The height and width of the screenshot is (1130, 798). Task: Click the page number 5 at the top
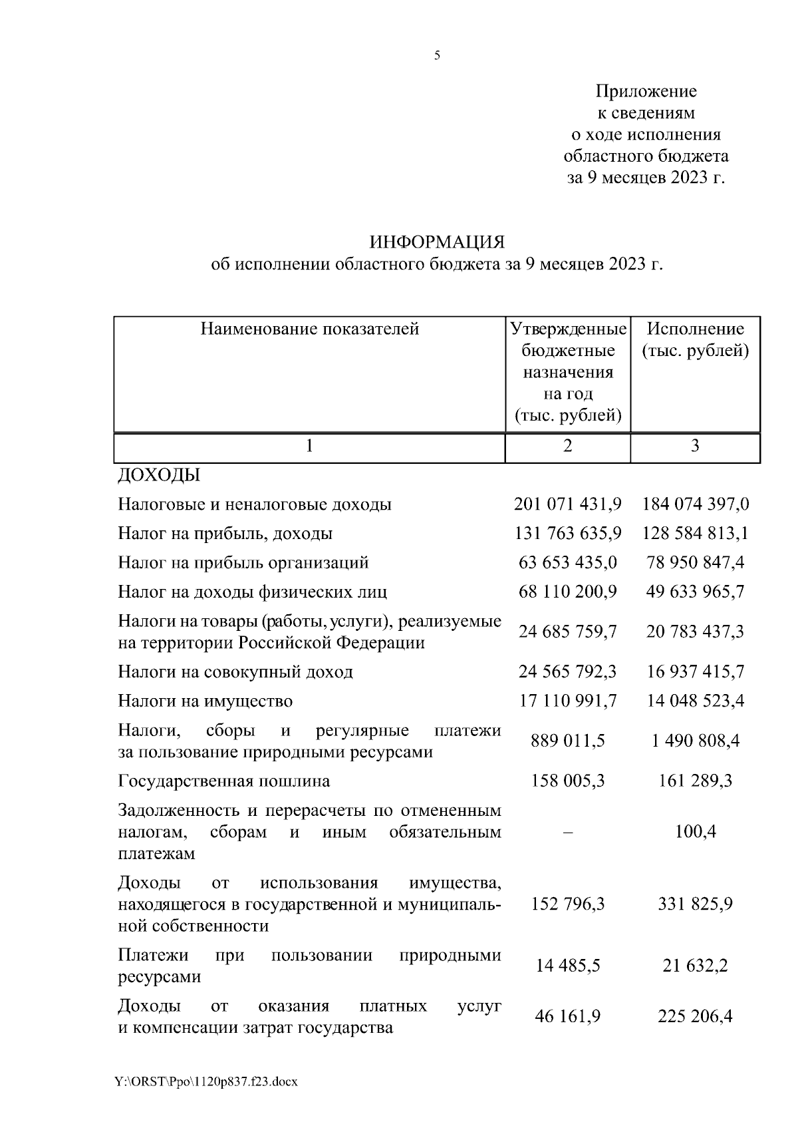(437, 57)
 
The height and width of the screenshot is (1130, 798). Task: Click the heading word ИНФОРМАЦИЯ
(437, 241)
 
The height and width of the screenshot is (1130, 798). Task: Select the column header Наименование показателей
(310, 329)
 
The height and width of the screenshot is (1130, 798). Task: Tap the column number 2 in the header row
(567, 446)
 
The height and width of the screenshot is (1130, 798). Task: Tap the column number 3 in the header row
(695, 446)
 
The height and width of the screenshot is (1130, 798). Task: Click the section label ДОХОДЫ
(159, 475)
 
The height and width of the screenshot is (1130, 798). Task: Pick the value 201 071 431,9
(567, 504)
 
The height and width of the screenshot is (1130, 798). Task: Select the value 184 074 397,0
(695, 504)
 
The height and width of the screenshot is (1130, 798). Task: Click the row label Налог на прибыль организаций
(243, 563)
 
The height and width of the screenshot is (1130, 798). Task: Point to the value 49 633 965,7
(695, 592)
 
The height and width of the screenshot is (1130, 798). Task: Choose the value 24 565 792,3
(567, 671)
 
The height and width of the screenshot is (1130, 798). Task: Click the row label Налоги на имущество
(205, 701)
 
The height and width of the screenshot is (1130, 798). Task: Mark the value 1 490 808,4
(695, 741)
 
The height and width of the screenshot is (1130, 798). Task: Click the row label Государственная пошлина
(224, 781)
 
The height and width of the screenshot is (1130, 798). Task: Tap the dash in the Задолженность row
(567, 832)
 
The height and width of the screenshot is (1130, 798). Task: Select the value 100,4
(695, 832)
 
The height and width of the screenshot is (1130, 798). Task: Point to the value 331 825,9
(695, 904)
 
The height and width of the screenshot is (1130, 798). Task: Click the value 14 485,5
(567, 966)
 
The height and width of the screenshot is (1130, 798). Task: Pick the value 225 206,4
(695, 1016)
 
